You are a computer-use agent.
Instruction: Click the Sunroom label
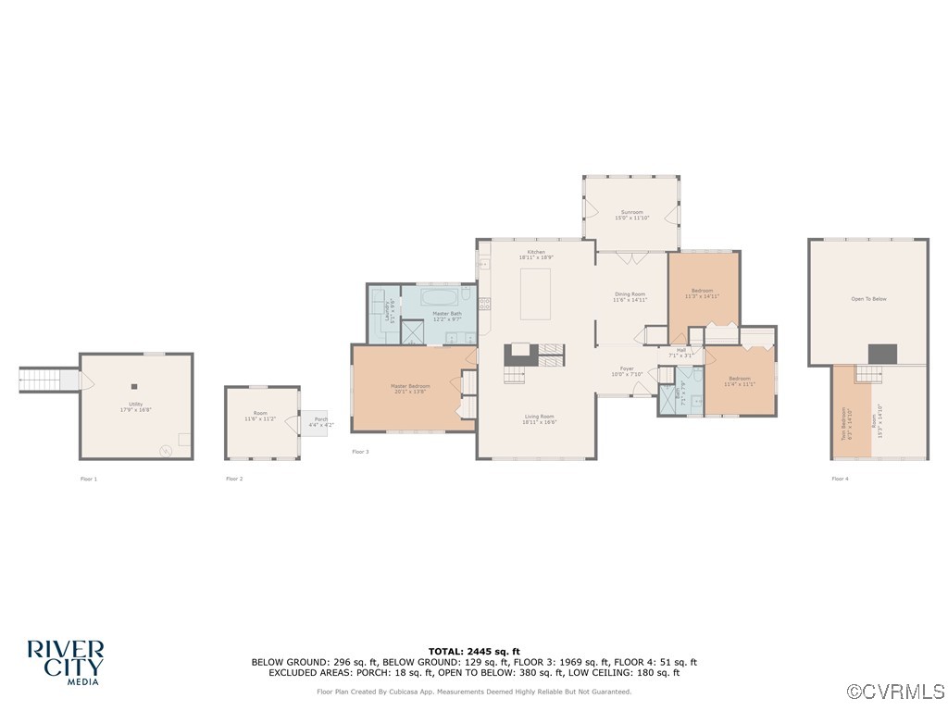click(631, 212)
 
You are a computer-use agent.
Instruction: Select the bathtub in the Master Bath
click(440, 298)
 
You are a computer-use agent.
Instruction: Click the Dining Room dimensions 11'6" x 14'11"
click(630, 300)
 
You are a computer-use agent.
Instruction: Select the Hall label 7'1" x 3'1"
click(680, 353)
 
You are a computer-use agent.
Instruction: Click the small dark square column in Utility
click(134, 387)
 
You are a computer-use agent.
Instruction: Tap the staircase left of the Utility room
click(41, 379)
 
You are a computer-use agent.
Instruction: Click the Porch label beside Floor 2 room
click(320, 420)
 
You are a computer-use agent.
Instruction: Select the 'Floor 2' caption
click(234, 479)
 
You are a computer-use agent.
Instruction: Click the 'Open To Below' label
click(868, 299)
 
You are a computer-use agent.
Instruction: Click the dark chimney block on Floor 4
click(882, 353)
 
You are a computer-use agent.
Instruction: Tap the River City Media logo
click(65, 662)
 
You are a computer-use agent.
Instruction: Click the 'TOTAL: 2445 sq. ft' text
click(474, 651)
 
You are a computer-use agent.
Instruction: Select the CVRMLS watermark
click(896, 692)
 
